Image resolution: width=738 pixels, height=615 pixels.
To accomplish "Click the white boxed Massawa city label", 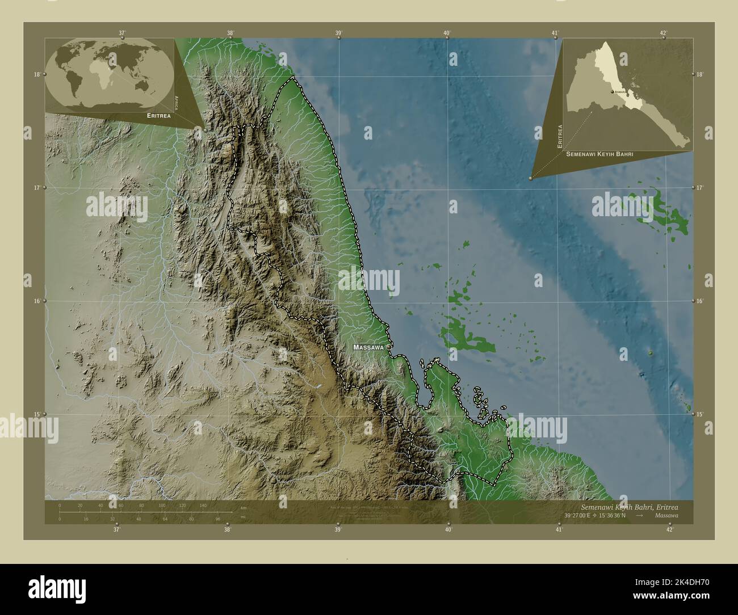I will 368,347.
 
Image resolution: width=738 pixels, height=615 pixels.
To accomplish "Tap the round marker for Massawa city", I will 388,347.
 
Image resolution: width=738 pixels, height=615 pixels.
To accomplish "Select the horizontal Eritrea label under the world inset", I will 158,115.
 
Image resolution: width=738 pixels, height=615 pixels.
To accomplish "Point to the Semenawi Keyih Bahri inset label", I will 599,154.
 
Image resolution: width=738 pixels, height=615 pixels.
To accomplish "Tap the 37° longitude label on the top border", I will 122,33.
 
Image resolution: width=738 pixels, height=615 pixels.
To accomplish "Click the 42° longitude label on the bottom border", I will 670,529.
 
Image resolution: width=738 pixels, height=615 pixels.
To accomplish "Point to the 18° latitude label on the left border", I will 36,74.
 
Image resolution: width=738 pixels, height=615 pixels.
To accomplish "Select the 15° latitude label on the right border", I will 700,414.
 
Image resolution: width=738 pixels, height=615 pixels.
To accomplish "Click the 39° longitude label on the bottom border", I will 338,529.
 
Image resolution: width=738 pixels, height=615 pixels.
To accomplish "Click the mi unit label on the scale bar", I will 244,518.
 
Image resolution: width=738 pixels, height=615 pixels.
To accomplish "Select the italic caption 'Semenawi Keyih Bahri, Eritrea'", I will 629,506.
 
